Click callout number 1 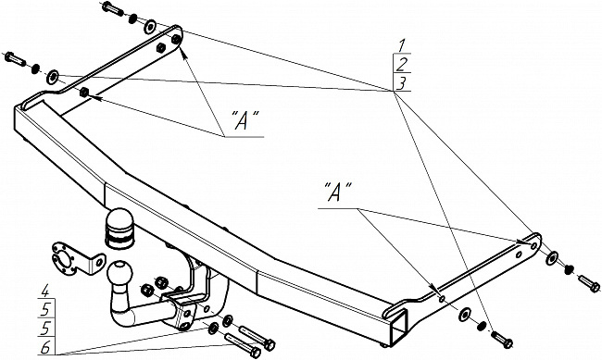pyautogui.click(x=402, y=45)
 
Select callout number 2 pyautogui.click(x=402, y=65)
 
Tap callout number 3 pyautogui.click(x=402, y=83)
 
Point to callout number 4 pyautogui.click(x=45, y=292)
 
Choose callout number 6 pyautogui.click(x=45, y=348)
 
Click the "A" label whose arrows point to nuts pyautogui.click(x=245, y=119)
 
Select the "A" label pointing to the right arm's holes pyautogui.click(x=337, y=192)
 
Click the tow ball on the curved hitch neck pyautogui.click(x=119, y=272)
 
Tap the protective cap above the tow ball pyautogui.click(x=119, y=229)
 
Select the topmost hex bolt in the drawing pyautogui.click(x=112, y=8)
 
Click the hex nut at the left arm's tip pyautogui.click(x=176, y=39)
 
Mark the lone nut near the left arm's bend pyautogui.click(x=83, y=93)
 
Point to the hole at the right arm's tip pyautogui.click(x=533, y=245)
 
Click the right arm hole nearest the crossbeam pyautogui.click(x=442, y=299)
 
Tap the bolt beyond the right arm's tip pyautogui.click(x=588, y=283)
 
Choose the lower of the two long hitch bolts pyautogui.click(x=243, y=345)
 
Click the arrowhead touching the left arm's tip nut pyautogui.click(x=184, y=54)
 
